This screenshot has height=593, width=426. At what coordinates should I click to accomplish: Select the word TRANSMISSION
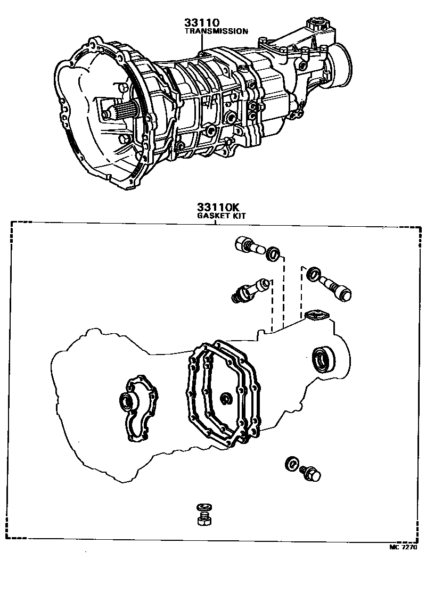[x=216, y=31]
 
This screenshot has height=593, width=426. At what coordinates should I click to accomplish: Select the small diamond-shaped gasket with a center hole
[x=316, y=316]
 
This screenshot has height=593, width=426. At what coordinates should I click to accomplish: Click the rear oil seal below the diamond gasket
[x=323, y=358]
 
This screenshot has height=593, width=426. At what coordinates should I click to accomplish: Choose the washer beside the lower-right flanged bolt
[x=292, y=464]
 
